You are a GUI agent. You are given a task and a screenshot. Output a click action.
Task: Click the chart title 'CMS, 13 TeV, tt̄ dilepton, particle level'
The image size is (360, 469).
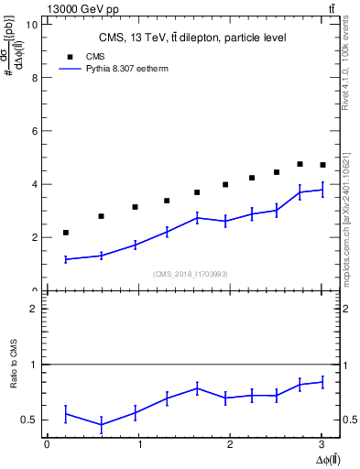point(192,38)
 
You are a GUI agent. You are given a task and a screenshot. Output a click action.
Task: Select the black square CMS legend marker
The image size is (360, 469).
point(66,56)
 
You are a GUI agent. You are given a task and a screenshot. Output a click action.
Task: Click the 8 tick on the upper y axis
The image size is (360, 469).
point(34,78)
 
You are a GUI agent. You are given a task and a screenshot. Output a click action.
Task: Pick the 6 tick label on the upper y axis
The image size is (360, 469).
point(34,131)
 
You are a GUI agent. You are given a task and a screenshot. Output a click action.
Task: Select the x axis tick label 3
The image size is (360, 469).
point(322,444)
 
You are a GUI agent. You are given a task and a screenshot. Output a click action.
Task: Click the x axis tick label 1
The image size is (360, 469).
point(138,444)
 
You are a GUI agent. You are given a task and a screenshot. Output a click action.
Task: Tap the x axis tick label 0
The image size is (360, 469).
point(47,444)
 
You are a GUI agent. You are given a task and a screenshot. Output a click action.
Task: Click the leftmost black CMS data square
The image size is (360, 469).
point(66,233)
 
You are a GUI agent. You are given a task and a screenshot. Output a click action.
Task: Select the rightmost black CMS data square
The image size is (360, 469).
point(322,165)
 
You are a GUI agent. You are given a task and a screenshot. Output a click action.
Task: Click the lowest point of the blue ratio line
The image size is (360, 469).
point(101,424)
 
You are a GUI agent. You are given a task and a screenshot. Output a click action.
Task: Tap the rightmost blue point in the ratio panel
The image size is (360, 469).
point(322,382)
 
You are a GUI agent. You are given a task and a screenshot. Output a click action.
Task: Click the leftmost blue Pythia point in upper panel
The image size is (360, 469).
point(66,259)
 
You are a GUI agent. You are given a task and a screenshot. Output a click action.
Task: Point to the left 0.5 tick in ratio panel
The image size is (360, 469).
point(33,420)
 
